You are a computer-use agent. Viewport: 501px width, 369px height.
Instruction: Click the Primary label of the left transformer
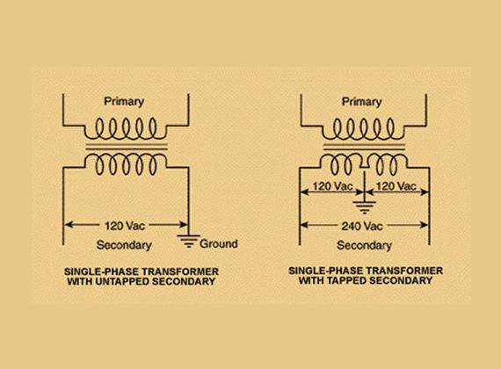point(124,102)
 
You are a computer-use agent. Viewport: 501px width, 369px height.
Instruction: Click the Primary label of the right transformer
point(362,102)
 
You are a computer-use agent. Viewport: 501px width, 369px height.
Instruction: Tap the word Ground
point(219,243)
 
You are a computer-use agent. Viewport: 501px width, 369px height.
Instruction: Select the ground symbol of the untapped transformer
point(189,242)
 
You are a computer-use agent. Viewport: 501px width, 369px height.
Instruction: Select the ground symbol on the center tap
point(364,207)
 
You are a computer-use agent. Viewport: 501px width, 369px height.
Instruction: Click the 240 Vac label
point(362,226)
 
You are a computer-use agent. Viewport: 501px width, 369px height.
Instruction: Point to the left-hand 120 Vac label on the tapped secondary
point(332,186)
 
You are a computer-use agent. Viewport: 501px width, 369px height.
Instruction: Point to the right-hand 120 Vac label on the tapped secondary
point(396,186)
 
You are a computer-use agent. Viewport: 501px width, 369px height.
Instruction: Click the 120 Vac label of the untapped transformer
point(125,226)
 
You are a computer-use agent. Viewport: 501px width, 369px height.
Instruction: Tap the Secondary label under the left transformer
point(124,245)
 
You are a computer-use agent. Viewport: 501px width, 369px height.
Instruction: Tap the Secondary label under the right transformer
point(364,245)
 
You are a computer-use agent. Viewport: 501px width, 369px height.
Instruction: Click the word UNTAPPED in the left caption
point(122,281)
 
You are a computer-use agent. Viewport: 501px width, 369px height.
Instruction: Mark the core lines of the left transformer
point(127,147)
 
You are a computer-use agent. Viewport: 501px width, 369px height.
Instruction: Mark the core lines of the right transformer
point(365,147)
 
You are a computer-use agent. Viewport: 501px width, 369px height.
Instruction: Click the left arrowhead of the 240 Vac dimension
point(304,225)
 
